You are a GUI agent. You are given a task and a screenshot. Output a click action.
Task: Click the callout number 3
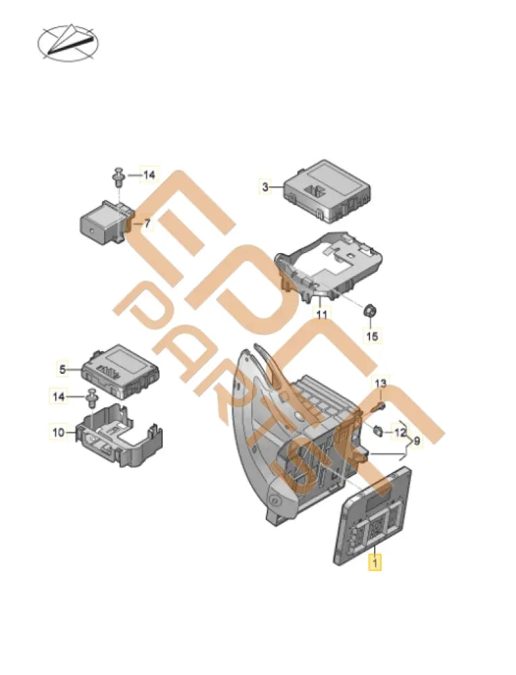(x=265, y=187)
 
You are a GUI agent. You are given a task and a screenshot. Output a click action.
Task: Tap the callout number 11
(x=321, y=315)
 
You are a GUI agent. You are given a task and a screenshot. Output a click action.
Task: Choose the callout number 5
(x=62, y=369)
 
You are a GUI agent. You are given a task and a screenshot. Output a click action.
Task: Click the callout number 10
(x=57, y=431)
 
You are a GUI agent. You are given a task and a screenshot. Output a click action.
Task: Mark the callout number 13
(x=381, y=384)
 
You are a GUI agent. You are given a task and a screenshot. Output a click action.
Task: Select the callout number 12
(x=400, y=432)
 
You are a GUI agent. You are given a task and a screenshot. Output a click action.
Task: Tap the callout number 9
(x=417, y=441)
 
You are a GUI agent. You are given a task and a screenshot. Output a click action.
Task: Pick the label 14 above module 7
(x=148, y=175)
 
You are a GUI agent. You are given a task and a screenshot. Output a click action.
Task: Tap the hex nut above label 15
(x=370, y=311)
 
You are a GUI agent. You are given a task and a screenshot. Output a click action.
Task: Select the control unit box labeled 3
(x=326, y=191)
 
